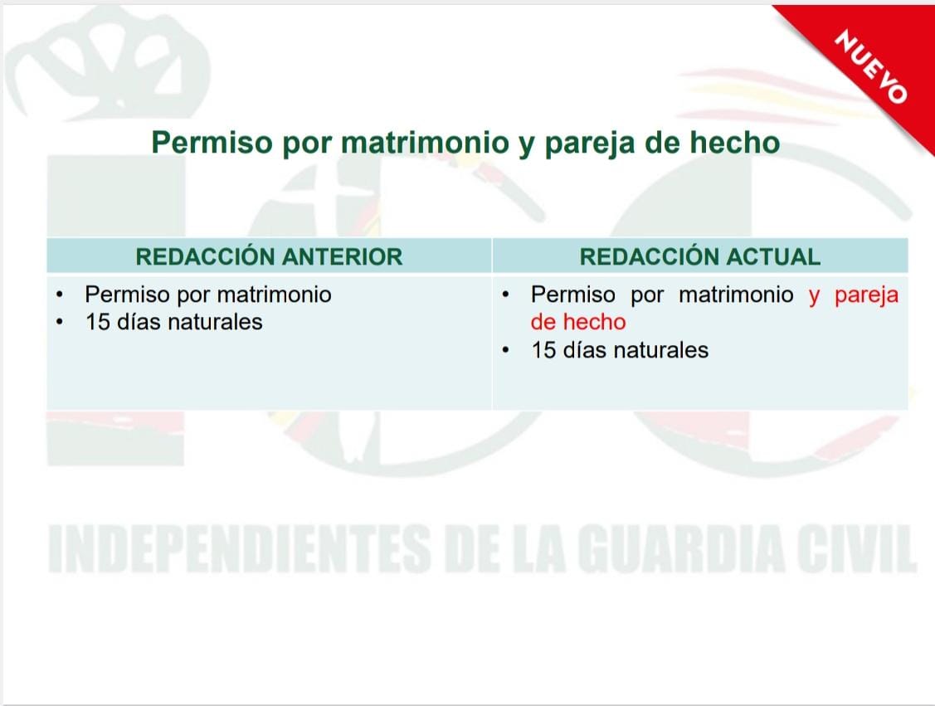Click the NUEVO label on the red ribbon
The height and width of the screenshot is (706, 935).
[x=870, y=66]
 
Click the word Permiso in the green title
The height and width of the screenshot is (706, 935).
[x=212, y=143]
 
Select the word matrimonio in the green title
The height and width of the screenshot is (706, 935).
[x=425, y=143]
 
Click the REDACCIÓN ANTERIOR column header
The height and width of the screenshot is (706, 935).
[x=269, y=257]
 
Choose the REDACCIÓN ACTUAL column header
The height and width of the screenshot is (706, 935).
[x=700, y=257]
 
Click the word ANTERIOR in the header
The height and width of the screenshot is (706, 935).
[x=343, y=257]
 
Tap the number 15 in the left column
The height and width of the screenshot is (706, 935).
[x=98, y=322]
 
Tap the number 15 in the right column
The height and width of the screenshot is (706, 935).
[x=544, y=350]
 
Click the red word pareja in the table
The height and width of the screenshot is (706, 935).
[x=866, y=295]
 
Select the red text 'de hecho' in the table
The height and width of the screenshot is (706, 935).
[x=578, y=322]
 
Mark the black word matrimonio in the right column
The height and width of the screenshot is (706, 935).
[x=737, y=295]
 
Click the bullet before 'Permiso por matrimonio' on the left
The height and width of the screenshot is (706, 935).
[x=60, y=295]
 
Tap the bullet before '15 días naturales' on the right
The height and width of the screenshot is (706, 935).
[x=506, y=350]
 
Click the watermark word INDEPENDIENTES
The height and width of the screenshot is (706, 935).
[x=239, y=549]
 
